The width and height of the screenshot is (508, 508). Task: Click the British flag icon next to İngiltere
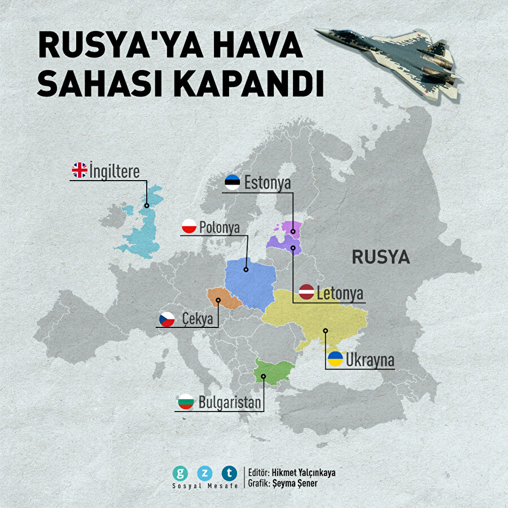(x=80, y=170)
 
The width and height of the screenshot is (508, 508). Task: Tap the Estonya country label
(x=267, y=183)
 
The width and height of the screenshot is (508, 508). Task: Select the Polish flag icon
(x=189, y=227)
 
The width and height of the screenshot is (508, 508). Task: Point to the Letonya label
(x=339, y=294)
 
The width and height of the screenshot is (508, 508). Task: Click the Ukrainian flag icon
(x=335, y=359)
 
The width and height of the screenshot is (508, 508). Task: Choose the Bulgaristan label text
(x=230, y=402)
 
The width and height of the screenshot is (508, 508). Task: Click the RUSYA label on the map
(x=380, y=257)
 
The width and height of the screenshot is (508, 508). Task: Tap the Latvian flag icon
(x=306, y=292)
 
